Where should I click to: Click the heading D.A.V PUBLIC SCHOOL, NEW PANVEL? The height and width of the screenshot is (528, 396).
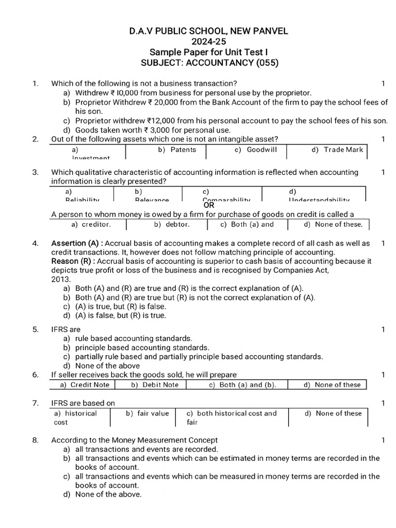point(208,31)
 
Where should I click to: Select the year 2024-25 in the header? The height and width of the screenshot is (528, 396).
point(208,42)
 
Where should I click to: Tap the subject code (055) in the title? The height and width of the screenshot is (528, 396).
point(266,63)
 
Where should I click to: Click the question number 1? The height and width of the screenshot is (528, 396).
point(35,84)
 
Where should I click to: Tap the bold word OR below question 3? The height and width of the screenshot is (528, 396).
point(208,205)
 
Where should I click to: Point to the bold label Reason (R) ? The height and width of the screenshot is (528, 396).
point(73,261)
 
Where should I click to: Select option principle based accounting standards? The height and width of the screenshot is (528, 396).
point(142,348)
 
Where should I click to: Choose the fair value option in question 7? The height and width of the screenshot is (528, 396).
point(148,413)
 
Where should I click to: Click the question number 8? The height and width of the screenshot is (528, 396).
point(35,440)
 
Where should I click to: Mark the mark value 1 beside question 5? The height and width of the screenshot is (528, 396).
point(383,329)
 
